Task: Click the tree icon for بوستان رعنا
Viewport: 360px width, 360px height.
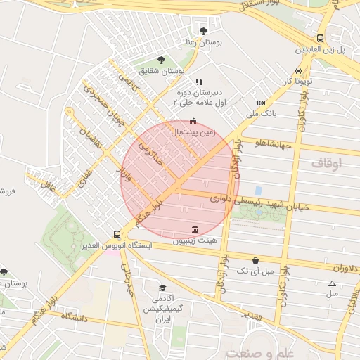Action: (x=204, y=31)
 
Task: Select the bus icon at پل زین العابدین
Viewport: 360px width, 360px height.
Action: (x=321, y=39)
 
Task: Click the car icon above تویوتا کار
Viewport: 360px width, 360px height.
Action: (x=300, y=71)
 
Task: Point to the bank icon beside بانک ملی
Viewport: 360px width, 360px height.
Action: (x=260, y=102)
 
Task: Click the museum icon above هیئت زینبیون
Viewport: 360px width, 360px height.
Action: (x=195, y=229)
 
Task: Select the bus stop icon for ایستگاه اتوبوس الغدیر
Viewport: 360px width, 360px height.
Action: (x=117, y=235)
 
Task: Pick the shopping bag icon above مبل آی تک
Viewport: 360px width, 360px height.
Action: (x=254, y=259)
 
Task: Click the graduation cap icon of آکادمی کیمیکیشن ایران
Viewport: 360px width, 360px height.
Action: (x=162, y=288)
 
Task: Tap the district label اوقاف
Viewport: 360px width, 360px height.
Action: (x=326, y=162)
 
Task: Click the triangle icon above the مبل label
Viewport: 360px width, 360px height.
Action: (x=332, y=283)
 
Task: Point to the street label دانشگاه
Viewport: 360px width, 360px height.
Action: (x=77, y=317)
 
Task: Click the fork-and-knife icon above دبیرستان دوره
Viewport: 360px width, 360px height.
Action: (x=198, y=82)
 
